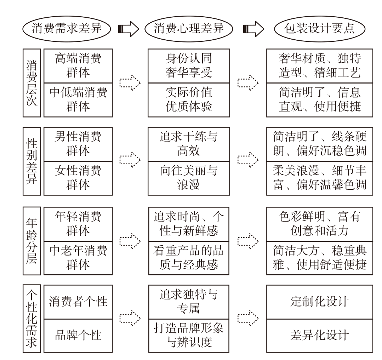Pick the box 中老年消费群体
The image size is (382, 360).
pyautogui.click(x=78, y=257)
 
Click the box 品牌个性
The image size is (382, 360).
pyautogui.click(x=78, y=336)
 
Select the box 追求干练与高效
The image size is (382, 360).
pyautogui.click(x=189, y=144)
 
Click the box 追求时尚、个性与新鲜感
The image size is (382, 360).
pyautogui.click(x=189, y=224)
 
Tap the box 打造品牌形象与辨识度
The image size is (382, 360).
pyautogui.click(x=189, y=336)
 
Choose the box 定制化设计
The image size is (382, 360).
pyautogui.click(x=320, y=302)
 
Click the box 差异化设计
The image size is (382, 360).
pyautogui.click(x=320, y=336)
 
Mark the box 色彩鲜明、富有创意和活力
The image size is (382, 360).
pyautogui.click(x=320, y=224)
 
